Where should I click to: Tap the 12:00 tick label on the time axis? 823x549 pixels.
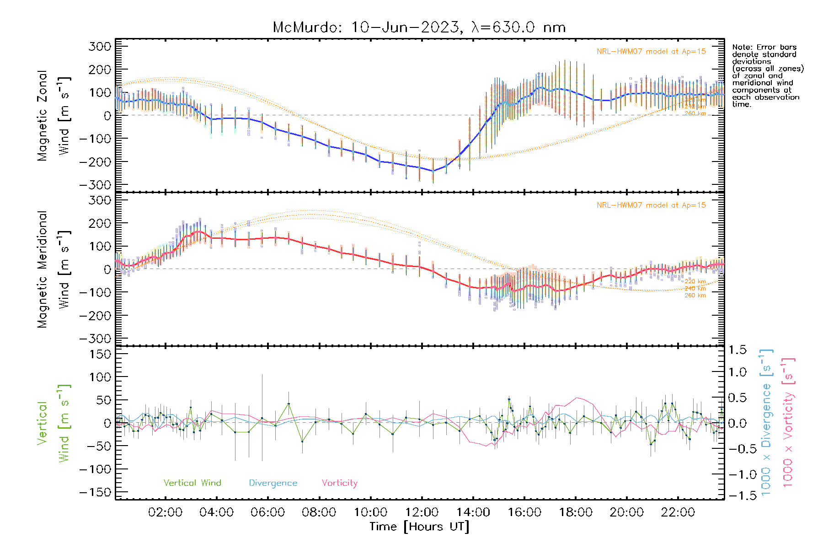pyautogui.click(x=422, y=512)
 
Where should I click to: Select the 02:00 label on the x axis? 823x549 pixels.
pyautogui.click(x=165, y=512)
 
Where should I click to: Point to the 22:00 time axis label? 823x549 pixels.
pyautogui.click(x=678, y=512)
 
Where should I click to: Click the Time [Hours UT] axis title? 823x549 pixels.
pyautogui.click(x=419, y=527)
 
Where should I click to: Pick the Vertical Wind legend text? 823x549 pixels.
pyautogui.click(x=192, y=483)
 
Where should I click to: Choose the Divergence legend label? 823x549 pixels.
pyautogui.click(x=273, y=483)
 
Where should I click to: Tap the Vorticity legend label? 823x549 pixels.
pyautogui.click(x=339, y=483)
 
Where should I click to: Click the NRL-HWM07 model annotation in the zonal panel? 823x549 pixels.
pyautogui.click(x=651, y=52)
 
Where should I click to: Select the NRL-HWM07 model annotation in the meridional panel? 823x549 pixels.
pyautogui.click(x=651, y=205)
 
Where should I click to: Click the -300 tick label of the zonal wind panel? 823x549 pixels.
pyautogui.click(x=95, y=185)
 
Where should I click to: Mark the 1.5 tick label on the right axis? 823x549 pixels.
pyautogui.click(x=737, y=350)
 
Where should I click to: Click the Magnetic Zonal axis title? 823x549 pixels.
pyautogui.click(x=43, y=116)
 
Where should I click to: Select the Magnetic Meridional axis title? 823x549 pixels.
pyautogui.click(x=43, y=269)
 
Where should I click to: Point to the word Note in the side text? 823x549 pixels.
pyautogui.click(x=741, y=47)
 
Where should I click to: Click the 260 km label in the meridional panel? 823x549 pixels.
pyautogui.click(x=695, y=296)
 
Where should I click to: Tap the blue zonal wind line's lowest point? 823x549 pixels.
pyautogui.click(x=433, y=171)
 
